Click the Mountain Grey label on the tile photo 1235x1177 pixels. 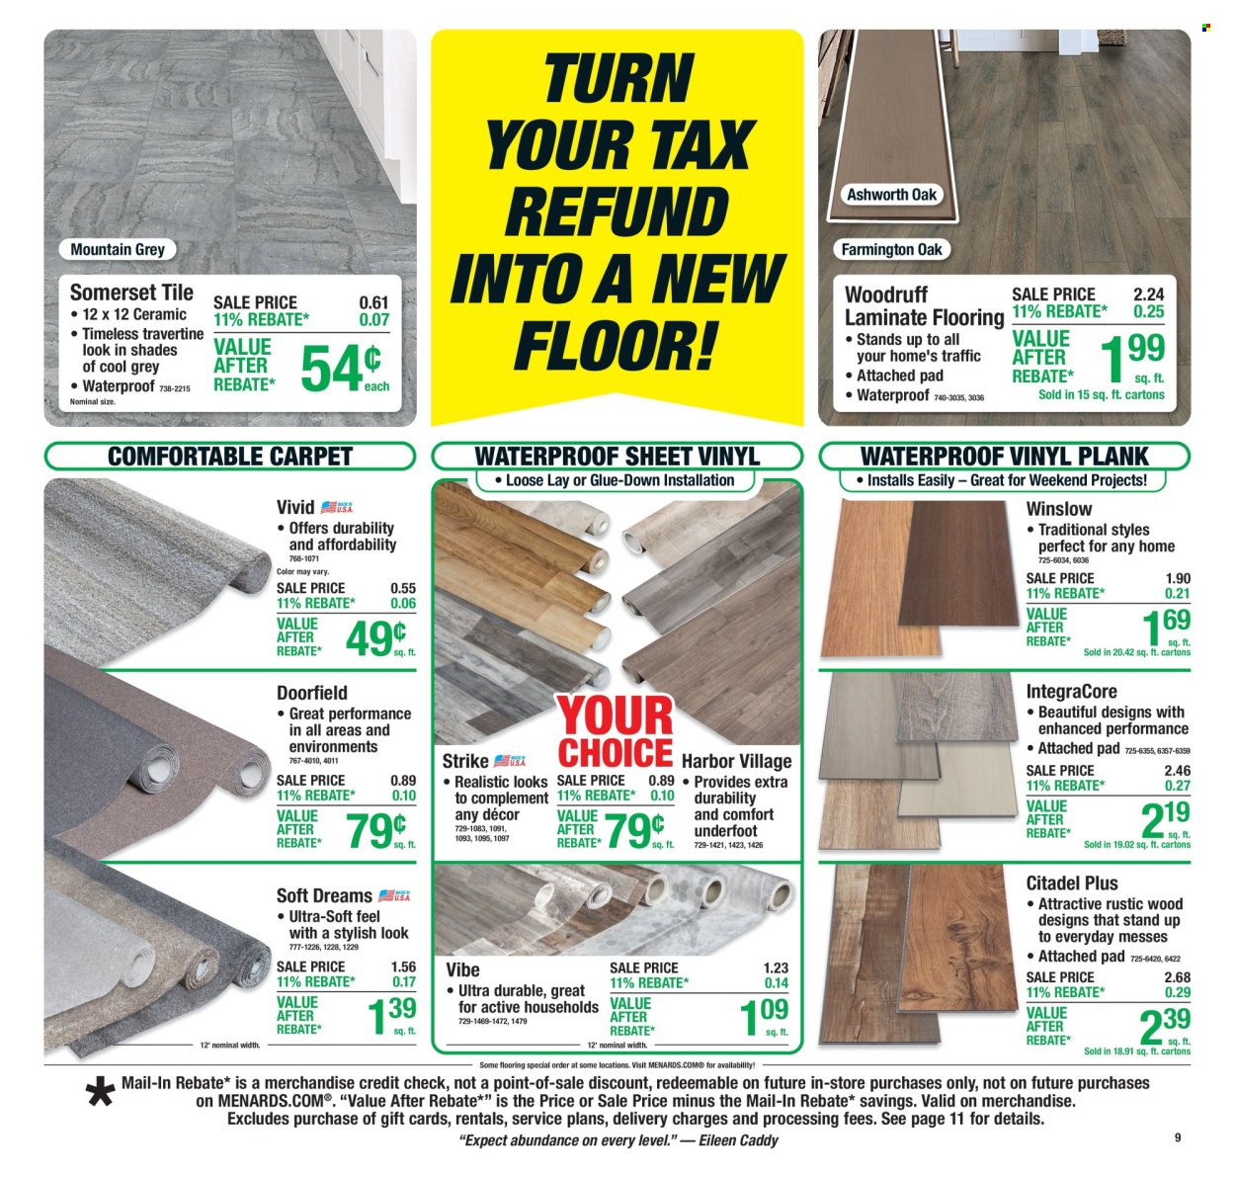click(118, 249)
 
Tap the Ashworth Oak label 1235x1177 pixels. click(891, 195)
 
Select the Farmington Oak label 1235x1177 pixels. click(891, 249)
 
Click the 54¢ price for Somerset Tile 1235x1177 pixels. click(342, 369)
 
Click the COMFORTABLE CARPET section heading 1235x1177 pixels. click(229, 456)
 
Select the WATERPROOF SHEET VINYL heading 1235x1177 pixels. click(617, 456)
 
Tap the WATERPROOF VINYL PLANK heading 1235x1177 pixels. click(1005, 456)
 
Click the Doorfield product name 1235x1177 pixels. click(311, 693)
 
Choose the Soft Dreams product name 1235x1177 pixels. click(324, 895)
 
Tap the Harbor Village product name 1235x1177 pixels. click(736, 761)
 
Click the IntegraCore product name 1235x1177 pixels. click(1071, 692)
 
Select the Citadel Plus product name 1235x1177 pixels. click(1072, 883)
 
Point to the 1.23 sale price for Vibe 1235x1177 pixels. click(776, 967)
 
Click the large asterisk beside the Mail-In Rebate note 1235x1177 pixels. click(101, 1094)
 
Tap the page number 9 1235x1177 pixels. click(1178, 1137)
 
